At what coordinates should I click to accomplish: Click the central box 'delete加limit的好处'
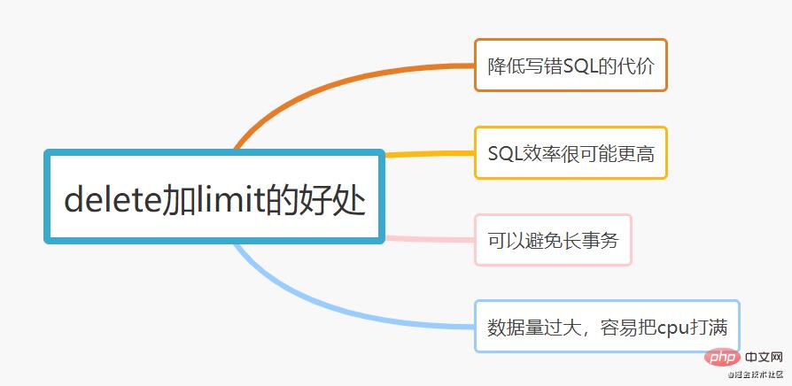(214, 197)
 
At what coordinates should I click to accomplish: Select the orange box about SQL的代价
(571, 65)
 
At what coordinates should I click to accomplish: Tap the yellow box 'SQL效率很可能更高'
(571, 153)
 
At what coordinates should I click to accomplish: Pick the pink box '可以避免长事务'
(553, 240)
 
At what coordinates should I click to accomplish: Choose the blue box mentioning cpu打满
(608, 326)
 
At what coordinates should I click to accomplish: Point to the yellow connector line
(430, 155)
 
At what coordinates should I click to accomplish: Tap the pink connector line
(430, 238)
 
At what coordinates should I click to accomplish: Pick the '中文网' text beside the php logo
(761, 359)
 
